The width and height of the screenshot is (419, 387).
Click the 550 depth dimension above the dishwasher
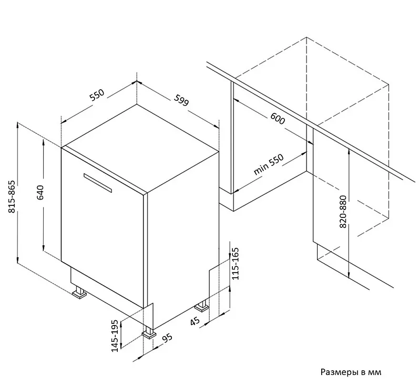97,95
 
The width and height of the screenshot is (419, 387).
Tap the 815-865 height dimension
12,197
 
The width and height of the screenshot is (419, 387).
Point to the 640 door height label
40,192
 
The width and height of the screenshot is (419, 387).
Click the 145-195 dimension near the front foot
115,336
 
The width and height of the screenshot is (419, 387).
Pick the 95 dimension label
168,338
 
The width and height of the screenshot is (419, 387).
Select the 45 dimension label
195,321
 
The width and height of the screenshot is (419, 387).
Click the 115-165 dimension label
236,264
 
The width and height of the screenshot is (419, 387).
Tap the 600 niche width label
278,119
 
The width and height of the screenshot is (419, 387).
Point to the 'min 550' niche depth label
269,165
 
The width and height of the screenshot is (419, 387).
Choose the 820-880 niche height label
343,212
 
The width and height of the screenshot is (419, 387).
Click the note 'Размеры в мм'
351,372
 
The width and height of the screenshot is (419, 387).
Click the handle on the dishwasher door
98,183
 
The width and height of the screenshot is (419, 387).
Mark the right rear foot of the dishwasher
202,306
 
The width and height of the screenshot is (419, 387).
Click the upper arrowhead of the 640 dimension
43,141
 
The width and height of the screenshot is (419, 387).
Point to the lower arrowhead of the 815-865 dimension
18,260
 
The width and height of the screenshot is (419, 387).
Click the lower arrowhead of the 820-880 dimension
349,275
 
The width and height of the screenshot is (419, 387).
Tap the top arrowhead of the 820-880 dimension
349,152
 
